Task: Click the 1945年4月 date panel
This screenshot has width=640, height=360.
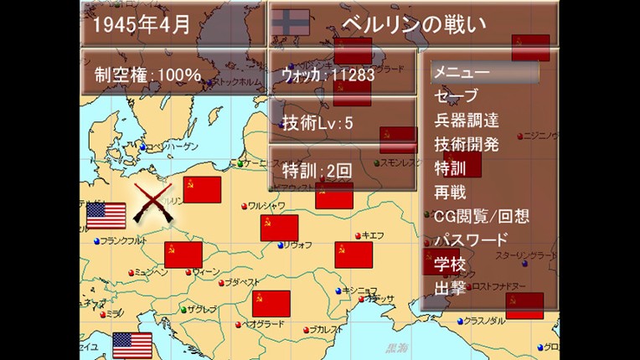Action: click(142, 24)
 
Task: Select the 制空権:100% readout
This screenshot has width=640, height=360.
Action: click(147, 75)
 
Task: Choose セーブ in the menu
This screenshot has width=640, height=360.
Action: click(456, 95)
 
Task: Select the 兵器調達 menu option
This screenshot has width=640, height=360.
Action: click(467, 120)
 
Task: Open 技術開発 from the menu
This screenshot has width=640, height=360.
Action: click(467, 144)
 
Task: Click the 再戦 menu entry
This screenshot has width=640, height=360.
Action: click(450, 192)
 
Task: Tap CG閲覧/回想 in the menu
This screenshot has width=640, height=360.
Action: click(481, 216)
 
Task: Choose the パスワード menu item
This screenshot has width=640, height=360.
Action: click(470, 240)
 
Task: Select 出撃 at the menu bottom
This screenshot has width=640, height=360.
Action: click(450, 288)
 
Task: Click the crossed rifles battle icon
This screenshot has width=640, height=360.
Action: click(153, 203)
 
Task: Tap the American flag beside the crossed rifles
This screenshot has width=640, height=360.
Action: click(106, 215)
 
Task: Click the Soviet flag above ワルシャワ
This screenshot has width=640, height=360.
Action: click(202, 189)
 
